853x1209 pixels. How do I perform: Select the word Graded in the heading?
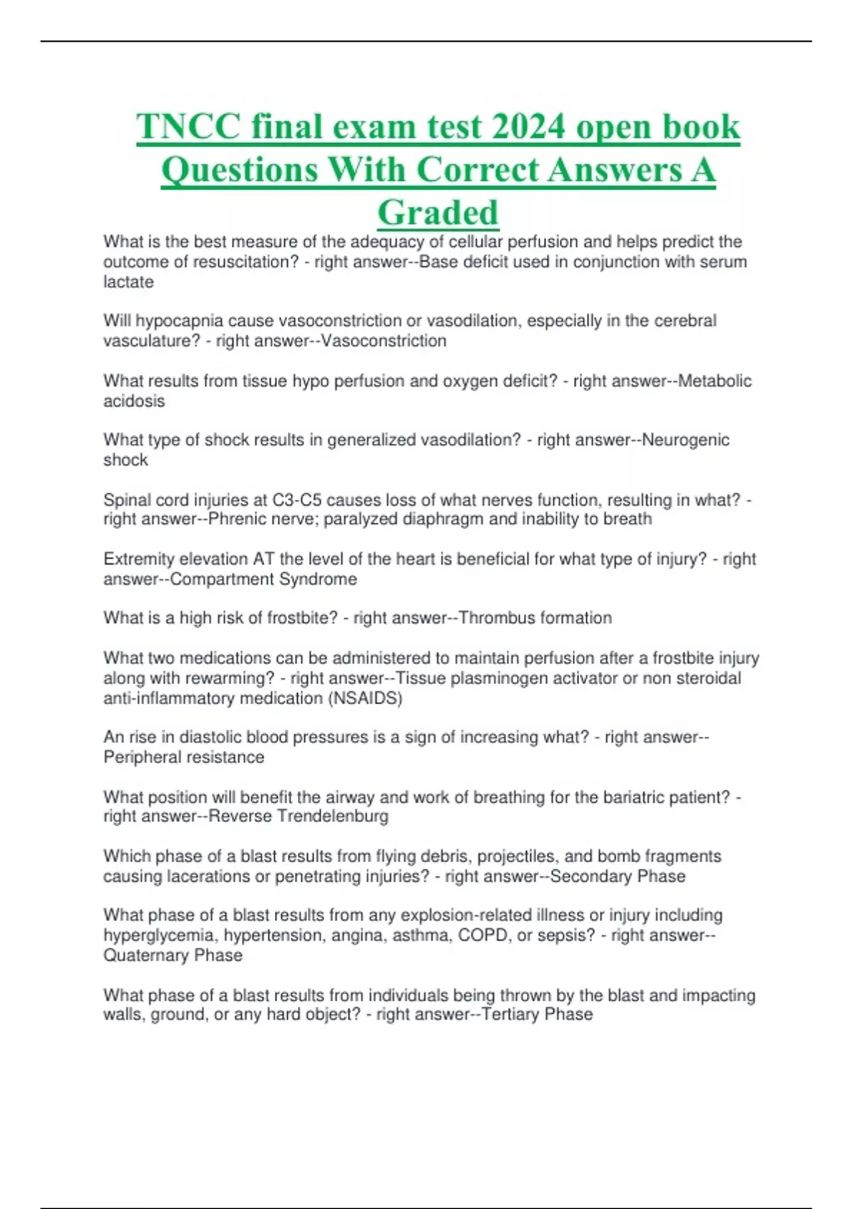pos(438,212)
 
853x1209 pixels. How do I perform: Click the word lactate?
pos(129,282)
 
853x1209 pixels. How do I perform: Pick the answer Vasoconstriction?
pos(384,341)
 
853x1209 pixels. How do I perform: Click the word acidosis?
pos(134,401)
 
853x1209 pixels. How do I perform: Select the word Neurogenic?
pos(685,440)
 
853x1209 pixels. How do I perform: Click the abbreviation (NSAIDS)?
pos(365,698)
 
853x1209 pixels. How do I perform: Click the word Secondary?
pos(591,876)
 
